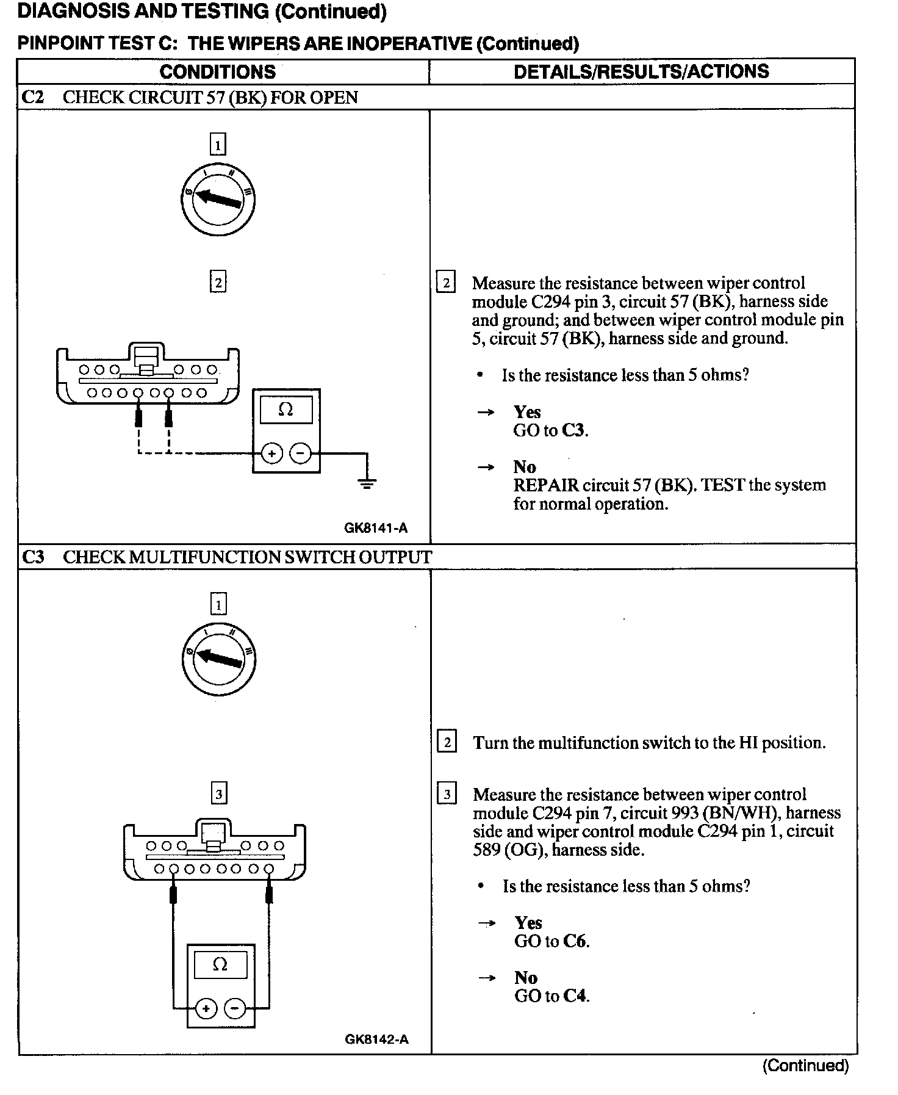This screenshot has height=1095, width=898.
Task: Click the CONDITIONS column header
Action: (x=217, y=72)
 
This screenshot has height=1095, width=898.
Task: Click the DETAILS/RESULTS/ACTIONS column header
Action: (x=641, y=71)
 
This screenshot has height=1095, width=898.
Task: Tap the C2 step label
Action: (x=33, y=98)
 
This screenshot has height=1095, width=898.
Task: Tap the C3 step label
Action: (x=34, y=557)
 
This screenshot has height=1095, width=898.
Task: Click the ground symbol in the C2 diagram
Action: (x=367, y=483)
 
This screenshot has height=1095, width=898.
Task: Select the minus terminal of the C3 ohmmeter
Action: (x=235, y=1008)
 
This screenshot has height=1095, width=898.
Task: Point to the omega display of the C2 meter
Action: (x=286, y=410)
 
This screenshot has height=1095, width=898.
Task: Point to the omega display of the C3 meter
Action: (x=220, y=965)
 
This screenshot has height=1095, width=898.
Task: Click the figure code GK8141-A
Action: (x=376, y=529)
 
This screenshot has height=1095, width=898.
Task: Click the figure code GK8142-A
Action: (x=376, y=1039)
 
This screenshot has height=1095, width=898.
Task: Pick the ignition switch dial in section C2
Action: (x=218, y=199)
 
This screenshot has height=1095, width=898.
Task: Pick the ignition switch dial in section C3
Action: (x=218, y=658)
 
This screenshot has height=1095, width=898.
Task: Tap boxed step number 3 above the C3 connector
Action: (x=218, y=793)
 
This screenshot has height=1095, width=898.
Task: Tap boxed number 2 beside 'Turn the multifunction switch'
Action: (x=447, y=742)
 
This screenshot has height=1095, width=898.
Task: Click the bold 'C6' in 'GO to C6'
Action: (x=575, y=941)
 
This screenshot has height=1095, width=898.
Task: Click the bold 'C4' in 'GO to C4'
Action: (x=575, y=996)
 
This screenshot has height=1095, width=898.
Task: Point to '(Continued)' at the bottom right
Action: (x=805, y=1066)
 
